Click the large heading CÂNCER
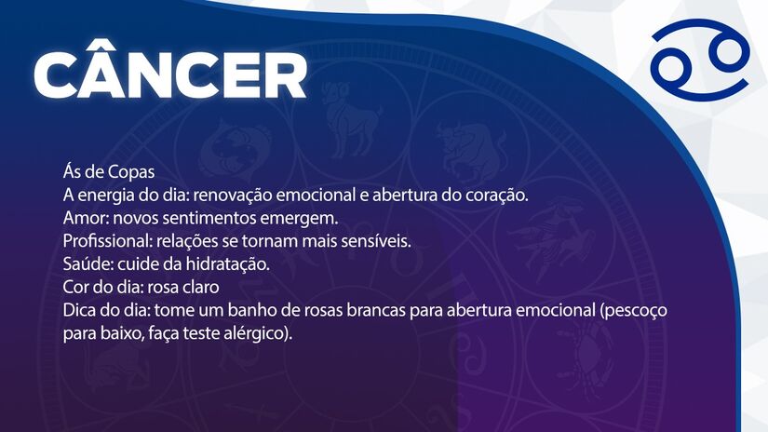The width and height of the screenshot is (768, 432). pyautogui.click(x=170, y=74)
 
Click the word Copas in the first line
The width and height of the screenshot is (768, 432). pyautogui.click(x=131, y=173)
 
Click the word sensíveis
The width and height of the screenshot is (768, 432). pyautogui.click(x=376, y=241)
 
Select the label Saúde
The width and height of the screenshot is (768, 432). pyautogui.click(x=85, y=263)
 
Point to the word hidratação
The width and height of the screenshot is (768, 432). pyautogui.click(x=226, y=263)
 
